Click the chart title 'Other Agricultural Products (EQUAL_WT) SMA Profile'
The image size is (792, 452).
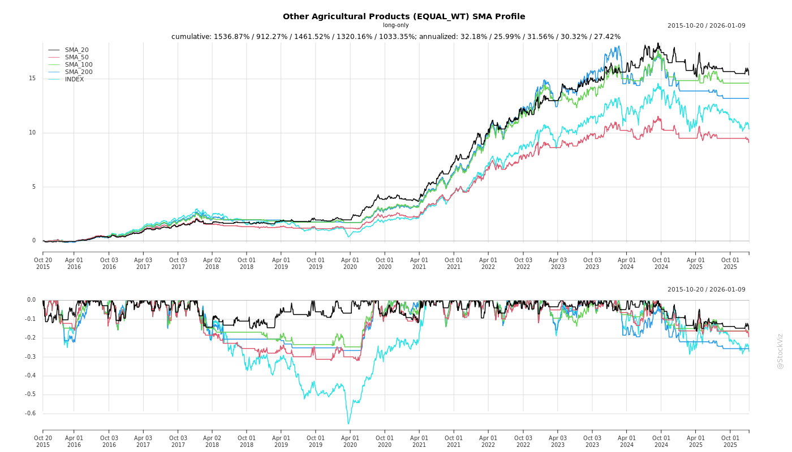point(404,16)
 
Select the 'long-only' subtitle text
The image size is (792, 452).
point(396,25)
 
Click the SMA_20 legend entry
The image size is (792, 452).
point(76,50)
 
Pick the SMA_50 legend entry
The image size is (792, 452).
point(76,58)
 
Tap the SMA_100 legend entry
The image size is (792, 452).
point(79,65)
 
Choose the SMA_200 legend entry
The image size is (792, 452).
point(79,72)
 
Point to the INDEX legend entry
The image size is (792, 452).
point(74,80)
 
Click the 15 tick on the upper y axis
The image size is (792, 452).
point(32,79)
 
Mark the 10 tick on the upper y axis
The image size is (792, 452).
point(32,133)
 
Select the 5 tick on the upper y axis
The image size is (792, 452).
point(34,187)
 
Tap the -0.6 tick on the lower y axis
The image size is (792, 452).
point(31,414)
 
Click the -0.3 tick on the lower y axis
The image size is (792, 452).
point(31,357)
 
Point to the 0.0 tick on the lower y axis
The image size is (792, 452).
point(31,300)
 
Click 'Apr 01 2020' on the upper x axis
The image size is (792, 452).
point(350,263)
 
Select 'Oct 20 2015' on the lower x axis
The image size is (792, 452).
point(43,441)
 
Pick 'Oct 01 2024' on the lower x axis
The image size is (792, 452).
point(661,441)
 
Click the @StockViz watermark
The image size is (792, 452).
point(781,351)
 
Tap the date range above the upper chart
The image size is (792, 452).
point(706,25)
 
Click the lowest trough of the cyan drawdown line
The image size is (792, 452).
point(348,424)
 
